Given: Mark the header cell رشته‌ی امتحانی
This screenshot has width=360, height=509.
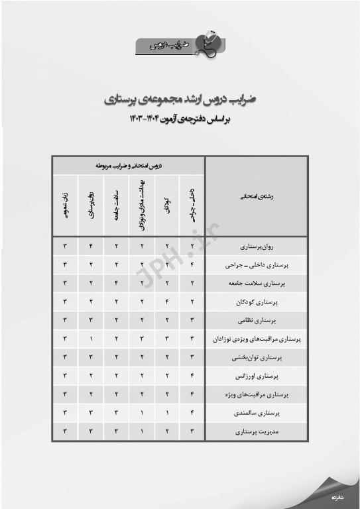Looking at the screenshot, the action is [x=256, y=196].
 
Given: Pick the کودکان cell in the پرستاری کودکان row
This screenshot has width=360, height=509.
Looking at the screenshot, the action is [x=167, y=302].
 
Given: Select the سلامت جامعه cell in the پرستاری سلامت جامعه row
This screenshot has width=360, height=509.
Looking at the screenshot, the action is [x=117, y=283].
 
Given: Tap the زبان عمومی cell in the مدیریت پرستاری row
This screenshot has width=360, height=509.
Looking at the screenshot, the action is [x=66, y=431].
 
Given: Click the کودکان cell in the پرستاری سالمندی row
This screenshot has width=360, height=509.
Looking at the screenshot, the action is [x=167, y=413].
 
